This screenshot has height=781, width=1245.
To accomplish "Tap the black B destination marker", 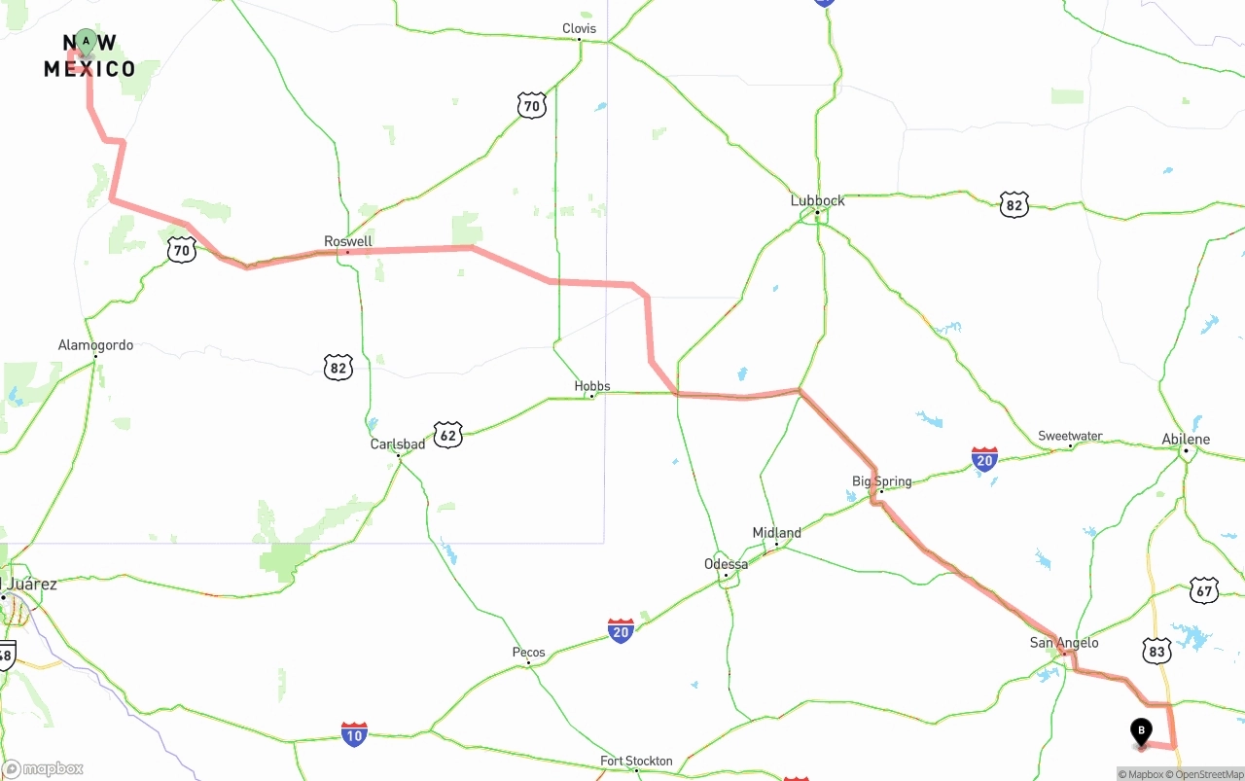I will coord(1141,731).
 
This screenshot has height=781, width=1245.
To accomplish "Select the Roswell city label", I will coord(348,241).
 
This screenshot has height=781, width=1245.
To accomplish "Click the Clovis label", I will coord(579,28).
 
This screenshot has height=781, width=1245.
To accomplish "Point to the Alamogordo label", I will coord(95,345).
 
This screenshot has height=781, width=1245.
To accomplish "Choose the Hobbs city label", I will coord(591,386).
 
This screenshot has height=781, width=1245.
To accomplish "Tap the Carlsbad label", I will coord(397,444).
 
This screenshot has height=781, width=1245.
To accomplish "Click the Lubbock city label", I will coord(817,200).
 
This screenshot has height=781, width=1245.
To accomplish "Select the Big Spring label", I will coord(881,481).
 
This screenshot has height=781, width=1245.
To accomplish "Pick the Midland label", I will coord(776,533).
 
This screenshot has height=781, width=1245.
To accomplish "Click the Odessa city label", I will coord(726,564).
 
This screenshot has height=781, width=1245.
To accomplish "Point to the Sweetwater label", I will coord(1070,436).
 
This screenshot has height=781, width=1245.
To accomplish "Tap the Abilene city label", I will coord(1186,440).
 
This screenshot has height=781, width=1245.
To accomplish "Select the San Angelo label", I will coord(1064,643).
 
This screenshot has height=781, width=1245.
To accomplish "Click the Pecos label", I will coord(528,653).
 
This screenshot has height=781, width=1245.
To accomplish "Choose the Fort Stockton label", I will coord(636,761).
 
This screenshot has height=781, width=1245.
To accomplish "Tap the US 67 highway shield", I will coord(1204,589).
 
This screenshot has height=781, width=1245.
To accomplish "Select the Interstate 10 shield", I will coord(354,734).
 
